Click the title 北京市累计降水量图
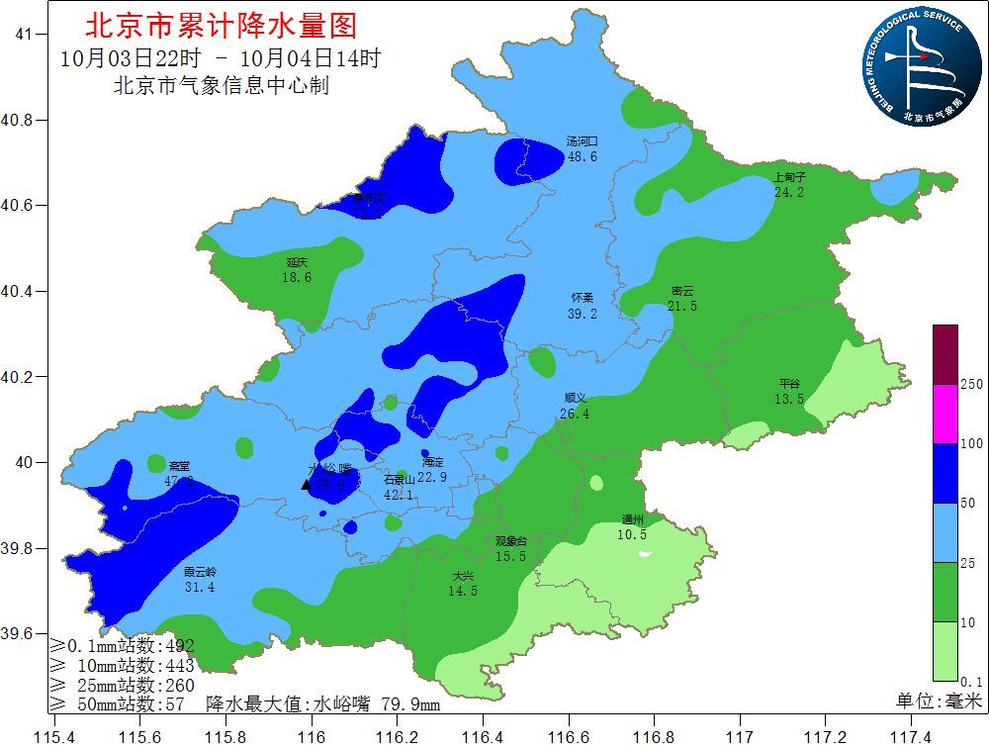[221, 25]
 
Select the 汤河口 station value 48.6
[582, 157]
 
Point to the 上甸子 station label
[789, 178]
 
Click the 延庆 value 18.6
[297, 278]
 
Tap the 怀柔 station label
[583, 298]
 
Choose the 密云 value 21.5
[682, 307]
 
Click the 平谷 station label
[789, 384]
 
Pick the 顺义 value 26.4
[575, 414]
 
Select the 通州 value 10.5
[633, 534]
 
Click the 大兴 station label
[463, 576]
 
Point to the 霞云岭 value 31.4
[199, 587]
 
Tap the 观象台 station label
[511, 541]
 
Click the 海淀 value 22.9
[432, 477]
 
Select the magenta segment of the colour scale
[945, 413]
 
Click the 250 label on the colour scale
[971, 384]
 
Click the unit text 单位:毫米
[939, 701]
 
